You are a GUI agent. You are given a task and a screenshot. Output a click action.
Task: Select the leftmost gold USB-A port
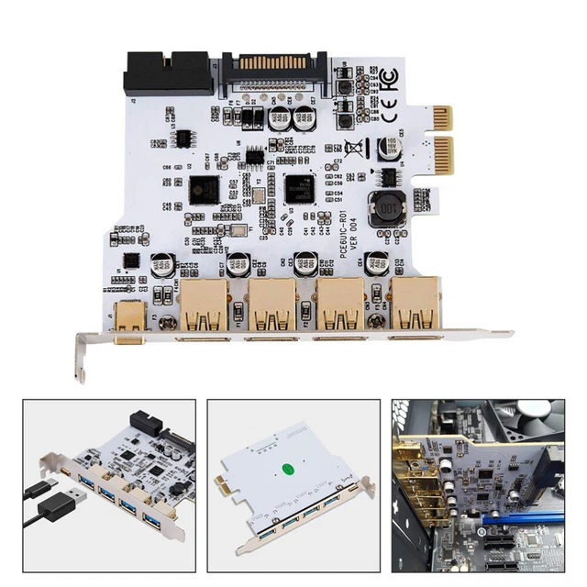pyautogui.click(x=203, y=306)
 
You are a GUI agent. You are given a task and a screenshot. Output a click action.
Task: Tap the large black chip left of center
pyautogui.click(x=204, y=190)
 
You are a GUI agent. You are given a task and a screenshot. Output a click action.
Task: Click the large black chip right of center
pyautogui.click(x=299, y=189)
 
